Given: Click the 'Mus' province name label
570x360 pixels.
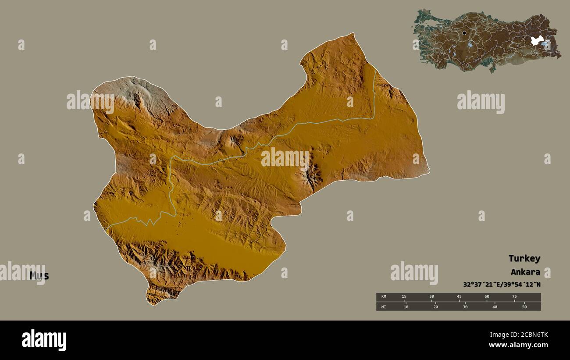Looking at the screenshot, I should [39, 276].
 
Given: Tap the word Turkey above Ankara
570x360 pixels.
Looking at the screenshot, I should [524, 258].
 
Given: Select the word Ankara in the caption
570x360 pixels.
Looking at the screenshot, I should [525, 272].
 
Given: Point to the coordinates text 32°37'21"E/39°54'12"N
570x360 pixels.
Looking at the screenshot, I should [502, 285].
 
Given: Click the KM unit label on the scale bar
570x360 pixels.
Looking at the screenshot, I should [384, 297].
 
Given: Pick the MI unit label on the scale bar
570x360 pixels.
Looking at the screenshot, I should [384, 307].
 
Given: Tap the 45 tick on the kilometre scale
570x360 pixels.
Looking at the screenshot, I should [459, 297].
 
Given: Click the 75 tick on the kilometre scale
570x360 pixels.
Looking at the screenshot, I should [514, 297].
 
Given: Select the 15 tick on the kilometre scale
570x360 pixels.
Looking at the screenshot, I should [404, 297].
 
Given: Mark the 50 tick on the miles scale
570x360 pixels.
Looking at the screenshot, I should [524, 307].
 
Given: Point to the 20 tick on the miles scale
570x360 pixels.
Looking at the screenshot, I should [435, 307].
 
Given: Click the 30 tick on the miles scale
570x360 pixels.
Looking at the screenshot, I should [465, 307].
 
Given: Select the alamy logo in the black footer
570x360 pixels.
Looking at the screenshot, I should [44, 340].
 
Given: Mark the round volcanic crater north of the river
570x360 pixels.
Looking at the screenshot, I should [236, 141].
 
